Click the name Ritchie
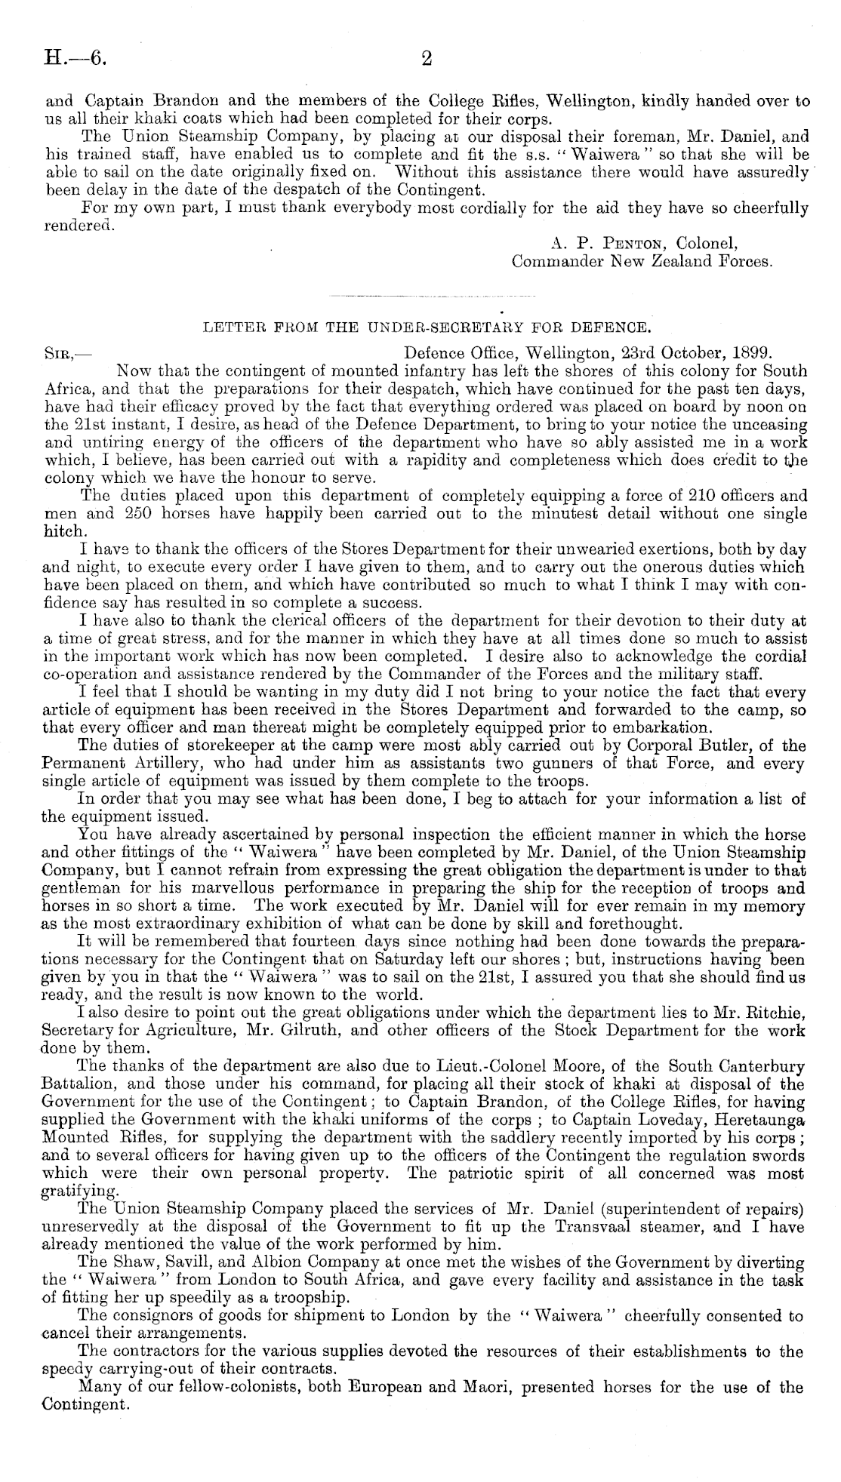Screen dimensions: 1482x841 coord(778,1013)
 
